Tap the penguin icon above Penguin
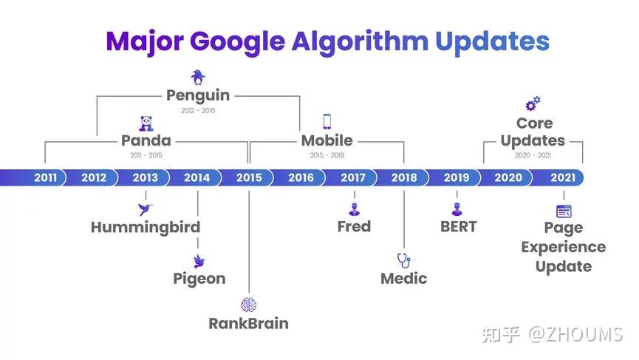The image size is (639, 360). click(x=198, y=77)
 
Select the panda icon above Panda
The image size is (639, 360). click(x=146, y=123)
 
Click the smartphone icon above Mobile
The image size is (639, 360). click(x=327, y=121)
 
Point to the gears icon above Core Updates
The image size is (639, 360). click(x=533, y=103)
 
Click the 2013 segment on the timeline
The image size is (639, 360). click(x=145, y=177)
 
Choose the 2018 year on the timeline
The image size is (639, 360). click(x=404, y=177)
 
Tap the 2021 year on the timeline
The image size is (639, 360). click(x=563, y=177)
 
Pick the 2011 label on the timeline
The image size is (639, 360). click(x=45, y=177)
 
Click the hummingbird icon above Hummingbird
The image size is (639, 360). click(x=145, y=209)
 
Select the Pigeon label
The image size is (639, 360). click(x=199, y=279)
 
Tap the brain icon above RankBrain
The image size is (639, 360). click(x=249, y=305)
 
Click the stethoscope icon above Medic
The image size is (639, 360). click(x=404, y=260)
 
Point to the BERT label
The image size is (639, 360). click(x=459, y=227)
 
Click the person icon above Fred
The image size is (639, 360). click(x=354, y=209)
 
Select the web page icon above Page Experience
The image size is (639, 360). click(x=564, y=211)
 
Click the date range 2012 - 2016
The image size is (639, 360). click(x=198, y=110)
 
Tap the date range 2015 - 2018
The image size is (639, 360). click(x=327, y=155)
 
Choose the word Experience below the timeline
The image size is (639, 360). click(x=564, y=248)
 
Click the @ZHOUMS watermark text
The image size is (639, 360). click(x=575, y=334)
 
